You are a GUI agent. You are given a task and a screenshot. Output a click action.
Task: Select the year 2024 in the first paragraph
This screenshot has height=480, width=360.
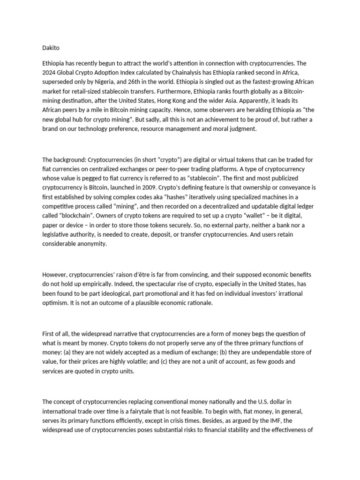[50, 72]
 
